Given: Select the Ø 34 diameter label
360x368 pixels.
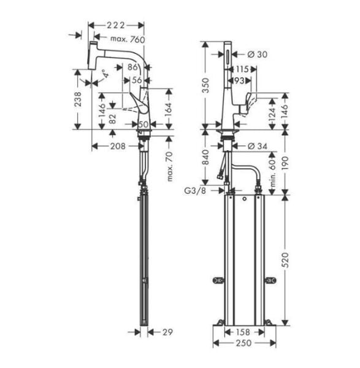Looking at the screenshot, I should click(256, 146).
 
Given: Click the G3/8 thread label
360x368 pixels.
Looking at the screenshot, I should click(194, 191).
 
